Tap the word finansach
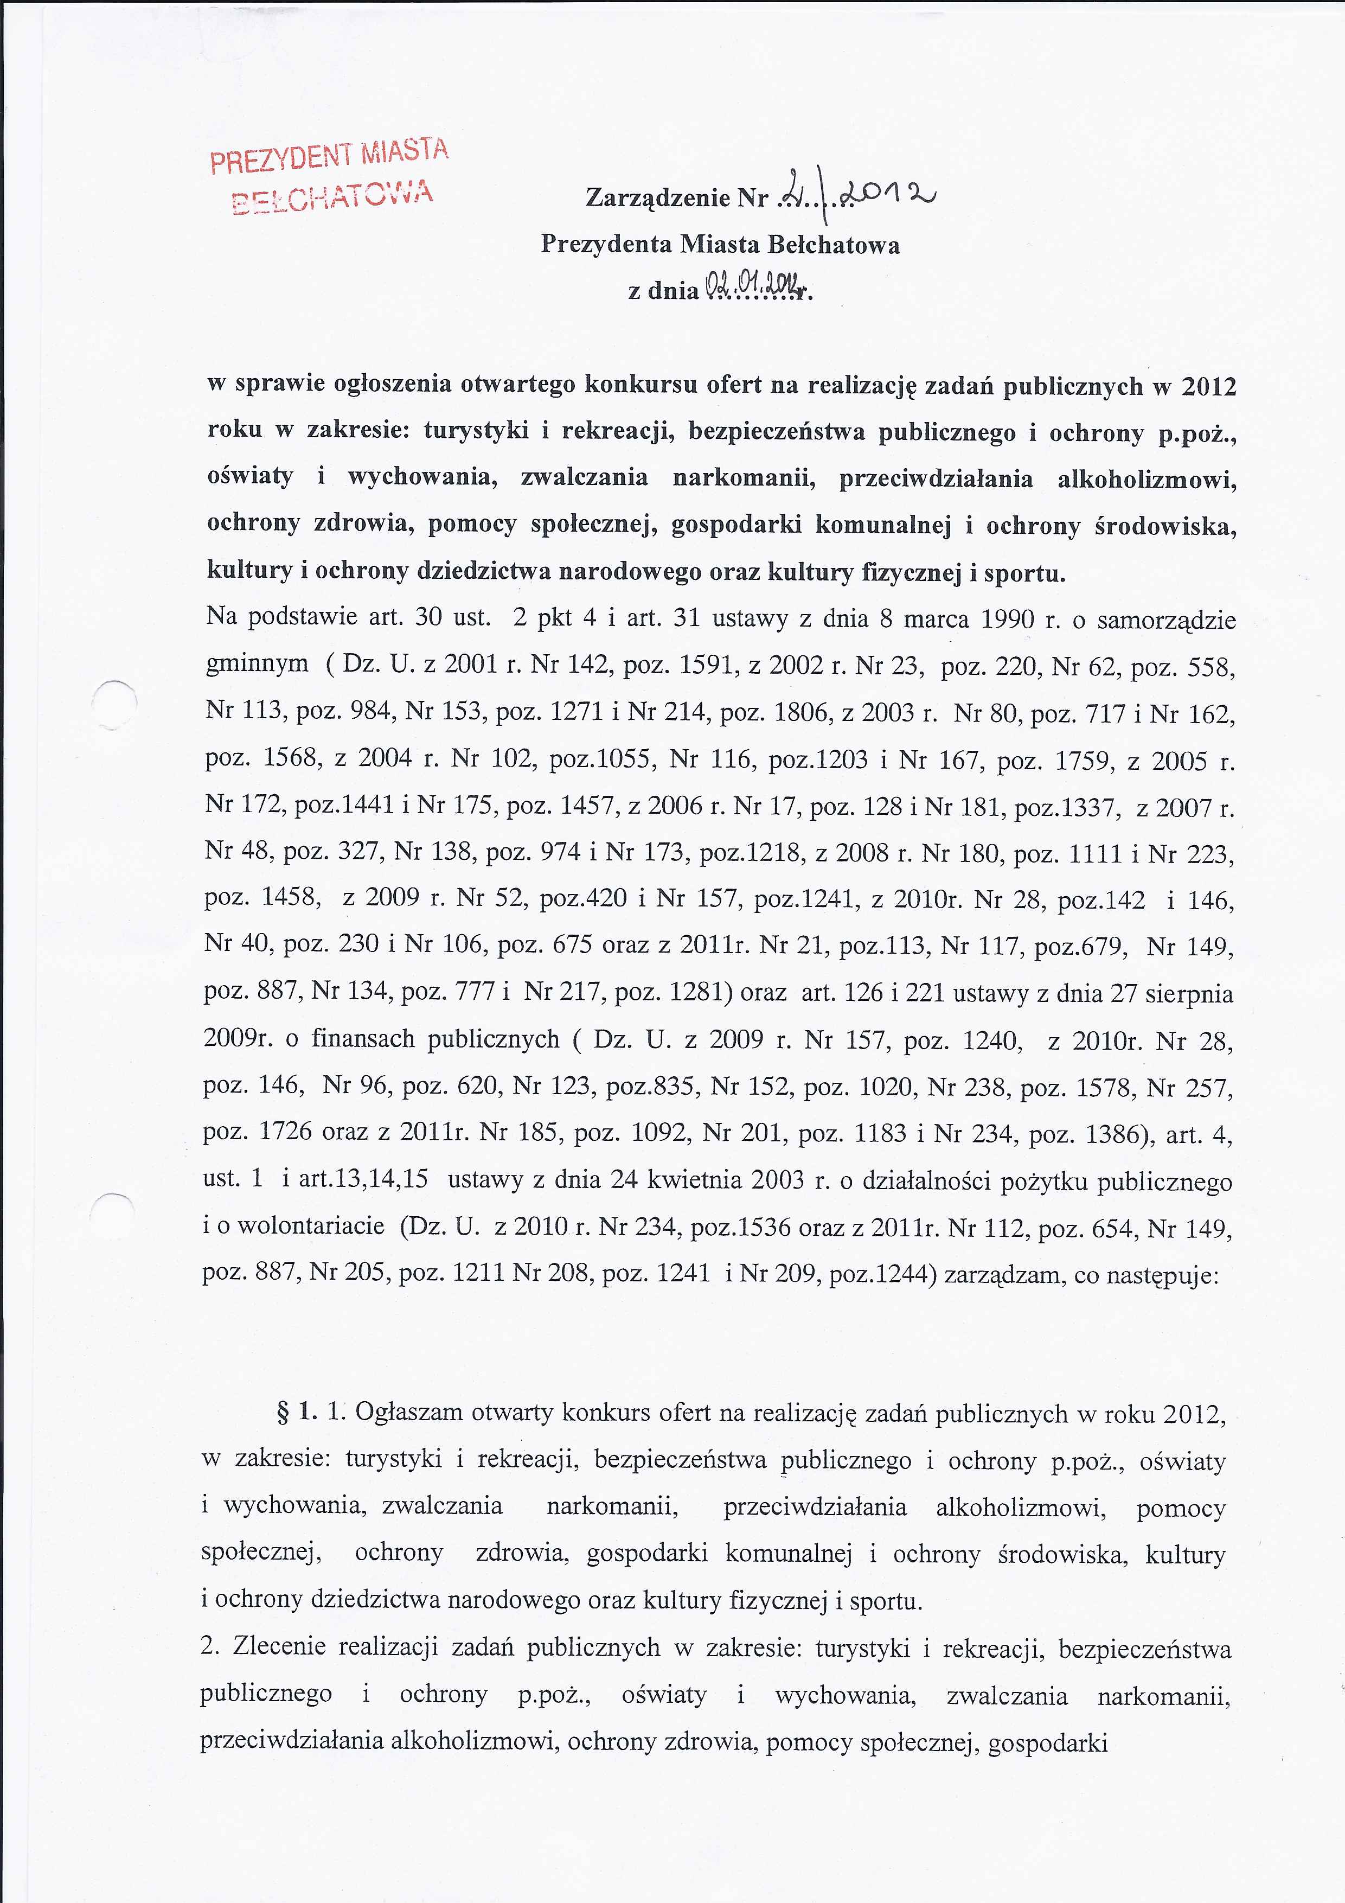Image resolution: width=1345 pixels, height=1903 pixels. pos(364,1040)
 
